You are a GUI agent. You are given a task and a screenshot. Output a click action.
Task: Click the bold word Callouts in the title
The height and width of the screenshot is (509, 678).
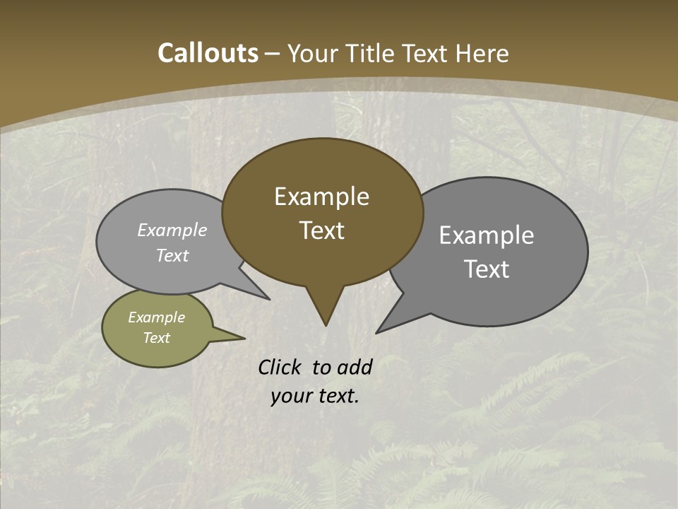pyautogui.click(x=208, y=53)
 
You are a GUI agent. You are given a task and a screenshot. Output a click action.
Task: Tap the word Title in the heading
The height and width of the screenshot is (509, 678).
pyautogui.click(x=373, y=53)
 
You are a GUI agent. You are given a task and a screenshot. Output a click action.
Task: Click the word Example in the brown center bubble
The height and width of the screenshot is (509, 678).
pyautogui.click(x=321, y=197)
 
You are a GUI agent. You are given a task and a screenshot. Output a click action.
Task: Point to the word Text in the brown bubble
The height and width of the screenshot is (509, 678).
pyautogui.click(x=322, y=230)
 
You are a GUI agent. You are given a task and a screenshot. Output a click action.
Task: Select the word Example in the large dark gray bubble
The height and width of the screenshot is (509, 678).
pyautogui.click(x=487, y=235)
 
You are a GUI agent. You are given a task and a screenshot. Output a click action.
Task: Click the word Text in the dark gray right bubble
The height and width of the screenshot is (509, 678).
pyautogui.click(x=487, y=269)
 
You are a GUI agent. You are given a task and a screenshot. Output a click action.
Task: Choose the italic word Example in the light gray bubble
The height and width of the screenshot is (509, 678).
pyautogui.click(x=172, y=230)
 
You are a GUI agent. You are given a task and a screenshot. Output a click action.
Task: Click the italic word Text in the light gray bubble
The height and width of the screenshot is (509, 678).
pyautogui.click(x=172, y=256)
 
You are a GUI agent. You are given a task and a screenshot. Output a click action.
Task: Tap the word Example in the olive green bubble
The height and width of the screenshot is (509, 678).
pyautogui.click(x=156, y=317)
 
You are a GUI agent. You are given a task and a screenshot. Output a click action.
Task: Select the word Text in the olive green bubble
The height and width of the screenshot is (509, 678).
pyautogui.click(x=156, y=338)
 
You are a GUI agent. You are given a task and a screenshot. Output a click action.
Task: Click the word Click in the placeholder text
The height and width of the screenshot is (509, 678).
pyautogui.click(x=281, y=367)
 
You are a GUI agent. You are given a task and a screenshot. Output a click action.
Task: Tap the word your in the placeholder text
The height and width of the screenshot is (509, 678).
pyautogui.click(x=291, y=396)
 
